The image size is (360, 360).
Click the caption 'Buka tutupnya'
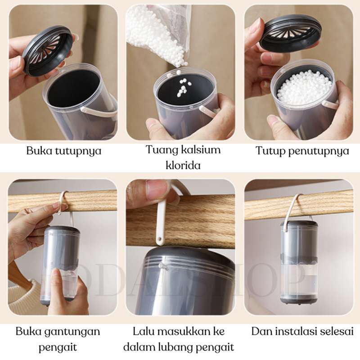(x=63, y=151)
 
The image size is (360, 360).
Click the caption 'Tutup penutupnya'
(x=302, y=151)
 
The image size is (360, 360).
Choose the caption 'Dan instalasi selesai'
(x=302, y=332)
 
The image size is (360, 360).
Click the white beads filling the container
(x=304, y=87)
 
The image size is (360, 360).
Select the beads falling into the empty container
(x=183, y=85)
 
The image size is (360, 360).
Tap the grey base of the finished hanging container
(x=299, y=299)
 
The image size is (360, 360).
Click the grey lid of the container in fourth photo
(x=63, y=230)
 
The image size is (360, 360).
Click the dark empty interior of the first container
(x=73, y=87)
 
